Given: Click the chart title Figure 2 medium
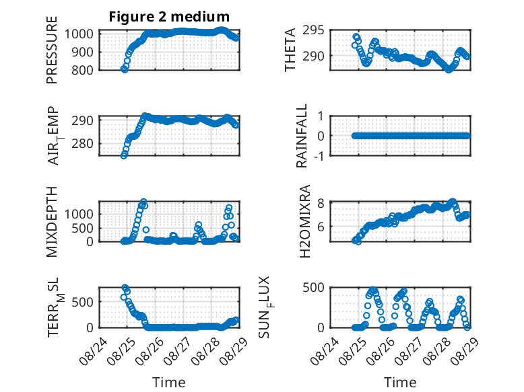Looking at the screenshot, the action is click(x=169, y=17).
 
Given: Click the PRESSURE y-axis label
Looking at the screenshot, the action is click(x=52, y=50).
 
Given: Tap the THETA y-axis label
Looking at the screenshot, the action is click(x=290, y=50).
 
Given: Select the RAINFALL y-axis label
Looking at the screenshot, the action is click(x=302, y=136).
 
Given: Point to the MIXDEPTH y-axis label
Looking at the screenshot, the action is click(x=52, y=221).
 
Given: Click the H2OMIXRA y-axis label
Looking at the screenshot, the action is click(x=305, y=221).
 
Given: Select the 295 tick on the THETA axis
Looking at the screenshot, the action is click(x=313, y=30).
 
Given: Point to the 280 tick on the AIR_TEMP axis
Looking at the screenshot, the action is click(x=82, y=144).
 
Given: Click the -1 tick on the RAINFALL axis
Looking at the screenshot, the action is click(x=319, y=156).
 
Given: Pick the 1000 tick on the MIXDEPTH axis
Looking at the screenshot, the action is click(x=79, y=214).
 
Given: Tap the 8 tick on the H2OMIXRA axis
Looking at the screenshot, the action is click(x=321, y=203).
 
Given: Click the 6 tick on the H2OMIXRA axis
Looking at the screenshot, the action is click(x=321, y=227).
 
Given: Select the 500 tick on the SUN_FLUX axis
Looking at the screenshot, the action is click(x=313, y=287).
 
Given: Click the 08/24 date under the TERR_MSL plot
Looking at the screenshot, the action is click(x=93, y=351).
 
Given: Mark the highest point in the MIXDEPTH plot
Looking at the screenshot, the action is click(x=143, y=202).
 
